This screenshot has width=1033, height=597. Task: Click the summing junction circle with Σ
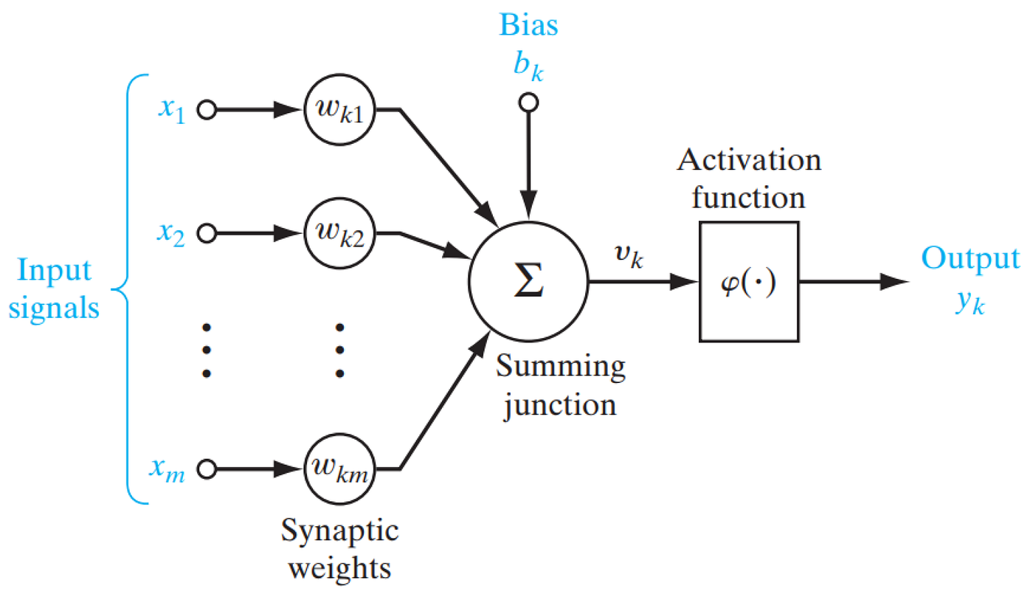(528, 282)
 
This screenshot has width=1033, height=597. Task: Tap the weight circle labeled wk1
(339, 110)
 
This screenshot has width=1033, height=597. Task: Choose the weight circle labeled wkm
(339, 468)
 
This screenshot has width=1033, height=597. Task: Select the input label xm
(172, 468)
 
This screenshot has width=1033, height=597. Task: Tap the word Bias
(529, 26)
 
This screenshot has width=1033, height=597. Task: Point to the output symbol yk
(968, 304)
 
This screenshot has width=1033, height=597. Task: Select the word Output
(971, 259)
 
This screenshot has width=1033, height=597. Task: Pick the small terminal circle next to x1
(207, 110)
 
